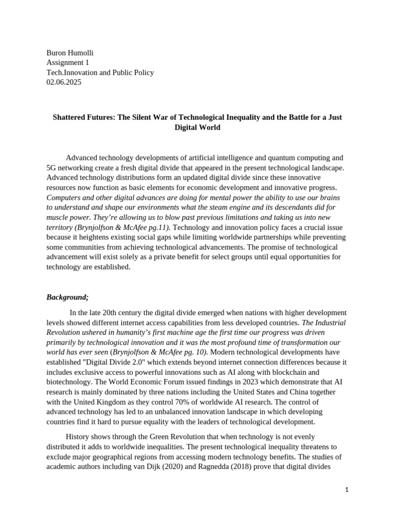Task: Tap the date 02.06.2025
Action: [x=64, y=82]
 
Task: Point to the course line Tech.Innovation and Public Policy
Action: [x=100, y=73]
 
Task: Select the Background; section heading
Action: [x=67, y=297]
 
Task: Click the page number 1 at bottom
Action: [x=347, y=490]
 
